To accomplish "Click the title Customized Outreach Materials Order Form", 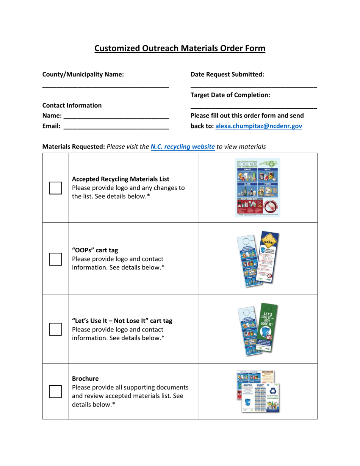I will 180,48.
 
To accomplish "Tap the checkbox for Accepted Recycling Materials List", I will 55,188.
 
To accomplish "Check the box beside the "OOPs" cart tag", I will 55,259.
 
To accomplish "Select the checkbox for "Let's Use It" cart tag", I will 55,329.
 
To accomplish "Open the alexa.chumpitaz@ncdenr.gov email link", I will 258,127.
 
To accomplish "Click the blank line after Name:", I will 116,116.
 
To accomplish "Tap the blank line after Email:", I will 116,127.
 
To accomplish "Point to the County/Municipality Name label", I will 83,75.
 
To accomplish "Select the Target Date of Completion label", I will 230,95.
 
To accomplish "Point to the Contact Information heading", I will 72,105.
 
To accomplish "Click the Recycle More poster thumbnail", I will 258,188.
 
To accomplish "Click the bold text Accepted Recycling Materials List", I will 121,179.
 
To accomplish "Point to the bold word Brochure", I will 85,379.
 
